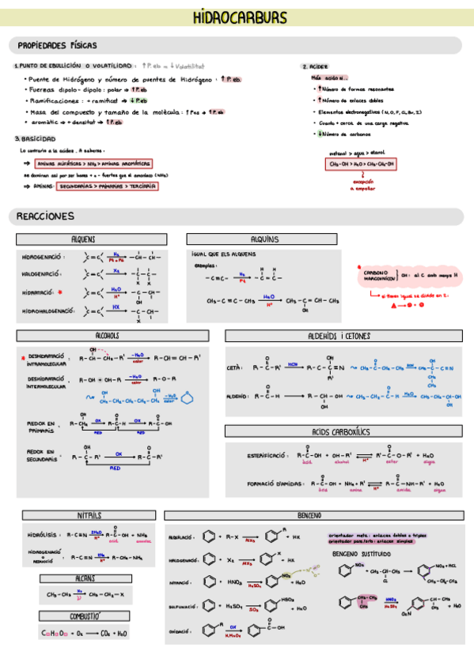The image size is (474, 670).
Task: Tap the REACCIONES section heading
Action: [46, 216]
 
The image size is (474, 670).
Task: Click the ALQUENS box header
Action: [83, 239]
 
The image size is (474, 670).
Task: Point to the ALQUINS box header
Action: [264, 239]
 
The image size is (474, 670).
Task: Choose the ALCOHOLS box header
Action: [107, 335]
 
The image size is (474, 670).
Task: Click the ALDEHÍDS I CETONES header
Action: [343, 336]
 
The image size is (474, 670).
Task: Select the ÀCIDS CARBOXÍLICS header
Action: [343, 431]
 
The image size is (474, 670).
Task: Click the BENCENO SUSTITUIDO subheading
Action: [363, 555]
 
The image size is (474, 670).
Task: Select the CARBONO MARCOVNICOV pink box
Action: [380, 276]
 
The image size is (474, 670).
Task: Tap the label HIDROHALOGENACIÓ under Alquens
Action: [47, 311]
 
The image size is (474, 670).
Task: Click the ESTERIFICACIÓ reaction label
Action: [268, 456]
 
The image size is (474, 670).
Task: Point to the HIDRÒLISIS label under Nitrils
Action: [40, 534]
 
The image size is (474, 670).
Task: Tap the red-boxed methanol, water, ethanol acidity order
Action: [360, 164]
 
